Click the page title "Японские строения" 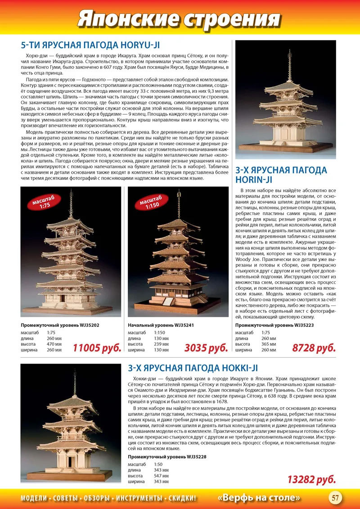pos(179,19)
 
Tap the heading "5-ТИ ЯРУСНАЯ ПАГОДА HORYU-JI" pos(90,45)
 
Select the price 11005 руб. pos(97,347)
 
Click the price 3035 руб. pos(206,347)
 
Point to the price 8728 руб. pos(314,347)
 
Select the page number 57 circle pos(335,497)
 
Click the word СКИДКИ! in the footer pos(182,498)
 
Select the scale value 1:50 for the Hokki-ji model pos(158,464)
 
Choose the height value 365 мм pos(269,344)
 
